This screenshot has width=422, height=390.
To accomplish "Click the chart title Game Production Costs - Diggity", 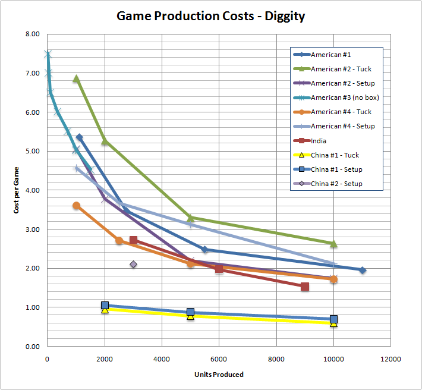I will pyautogui.click(x=210, y=16).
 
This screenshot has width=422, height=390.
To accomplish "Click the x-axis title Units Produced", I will pyautogui.click(x=219, y=375).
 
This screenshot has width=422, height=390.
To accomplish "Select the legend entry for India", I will pyautogui.click(x=319, y=141).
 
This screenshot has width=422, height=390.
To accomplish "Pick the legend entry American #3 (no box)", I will pyautogui.click(x=345, y=97).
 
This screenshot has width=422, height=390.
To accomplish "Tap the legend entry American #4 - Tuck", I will pyautogui.click(x=341, y=112).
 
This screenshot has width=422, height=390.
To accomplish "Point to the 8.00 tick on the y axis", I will pyautogui.click(x=33, y=34).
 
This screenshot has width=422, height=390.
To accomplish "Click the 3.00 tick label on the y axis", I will pyautogui.click(x=33, y=229).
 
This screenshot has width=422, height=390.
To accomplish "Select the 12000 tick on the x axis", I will pyautogui.click(x=390, y=359).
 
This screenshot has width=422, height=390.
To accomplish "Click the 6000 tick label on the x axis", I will pyautogui.click(x=219, y=359).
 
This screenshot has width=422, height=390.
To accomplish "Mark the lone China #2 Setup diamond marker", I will pyautogui.click(x=133, y=265).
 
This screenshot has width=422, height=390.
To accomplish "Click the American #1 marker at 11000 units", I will pyautogui.click(x=362, y=270).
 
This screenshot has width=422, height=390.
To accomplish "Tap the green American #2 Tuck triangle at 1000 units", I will pyautogui.click(x=76, y=78).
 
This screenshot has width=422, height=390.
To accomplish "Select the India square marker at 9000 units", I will pyautogui.click(x=305, y=287).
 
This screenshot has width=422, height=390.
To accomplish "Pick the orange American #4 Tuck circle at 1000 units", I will pyautogui.click(x=76, y=206).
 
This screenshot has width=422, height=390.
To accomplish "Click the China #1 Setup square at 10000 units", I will pyautogui.click(x=333, y=319).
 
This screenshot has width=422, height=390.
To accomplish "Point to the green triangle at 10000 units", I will pyautogui.click(x=333, y=244).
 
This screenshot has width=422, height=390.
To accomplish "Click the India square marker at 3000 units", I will pyautogui.click(x=133, y=240).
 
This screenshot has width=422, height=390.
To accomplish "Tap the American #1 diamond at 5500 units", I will pyautogui.click(x=204, y=250).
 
